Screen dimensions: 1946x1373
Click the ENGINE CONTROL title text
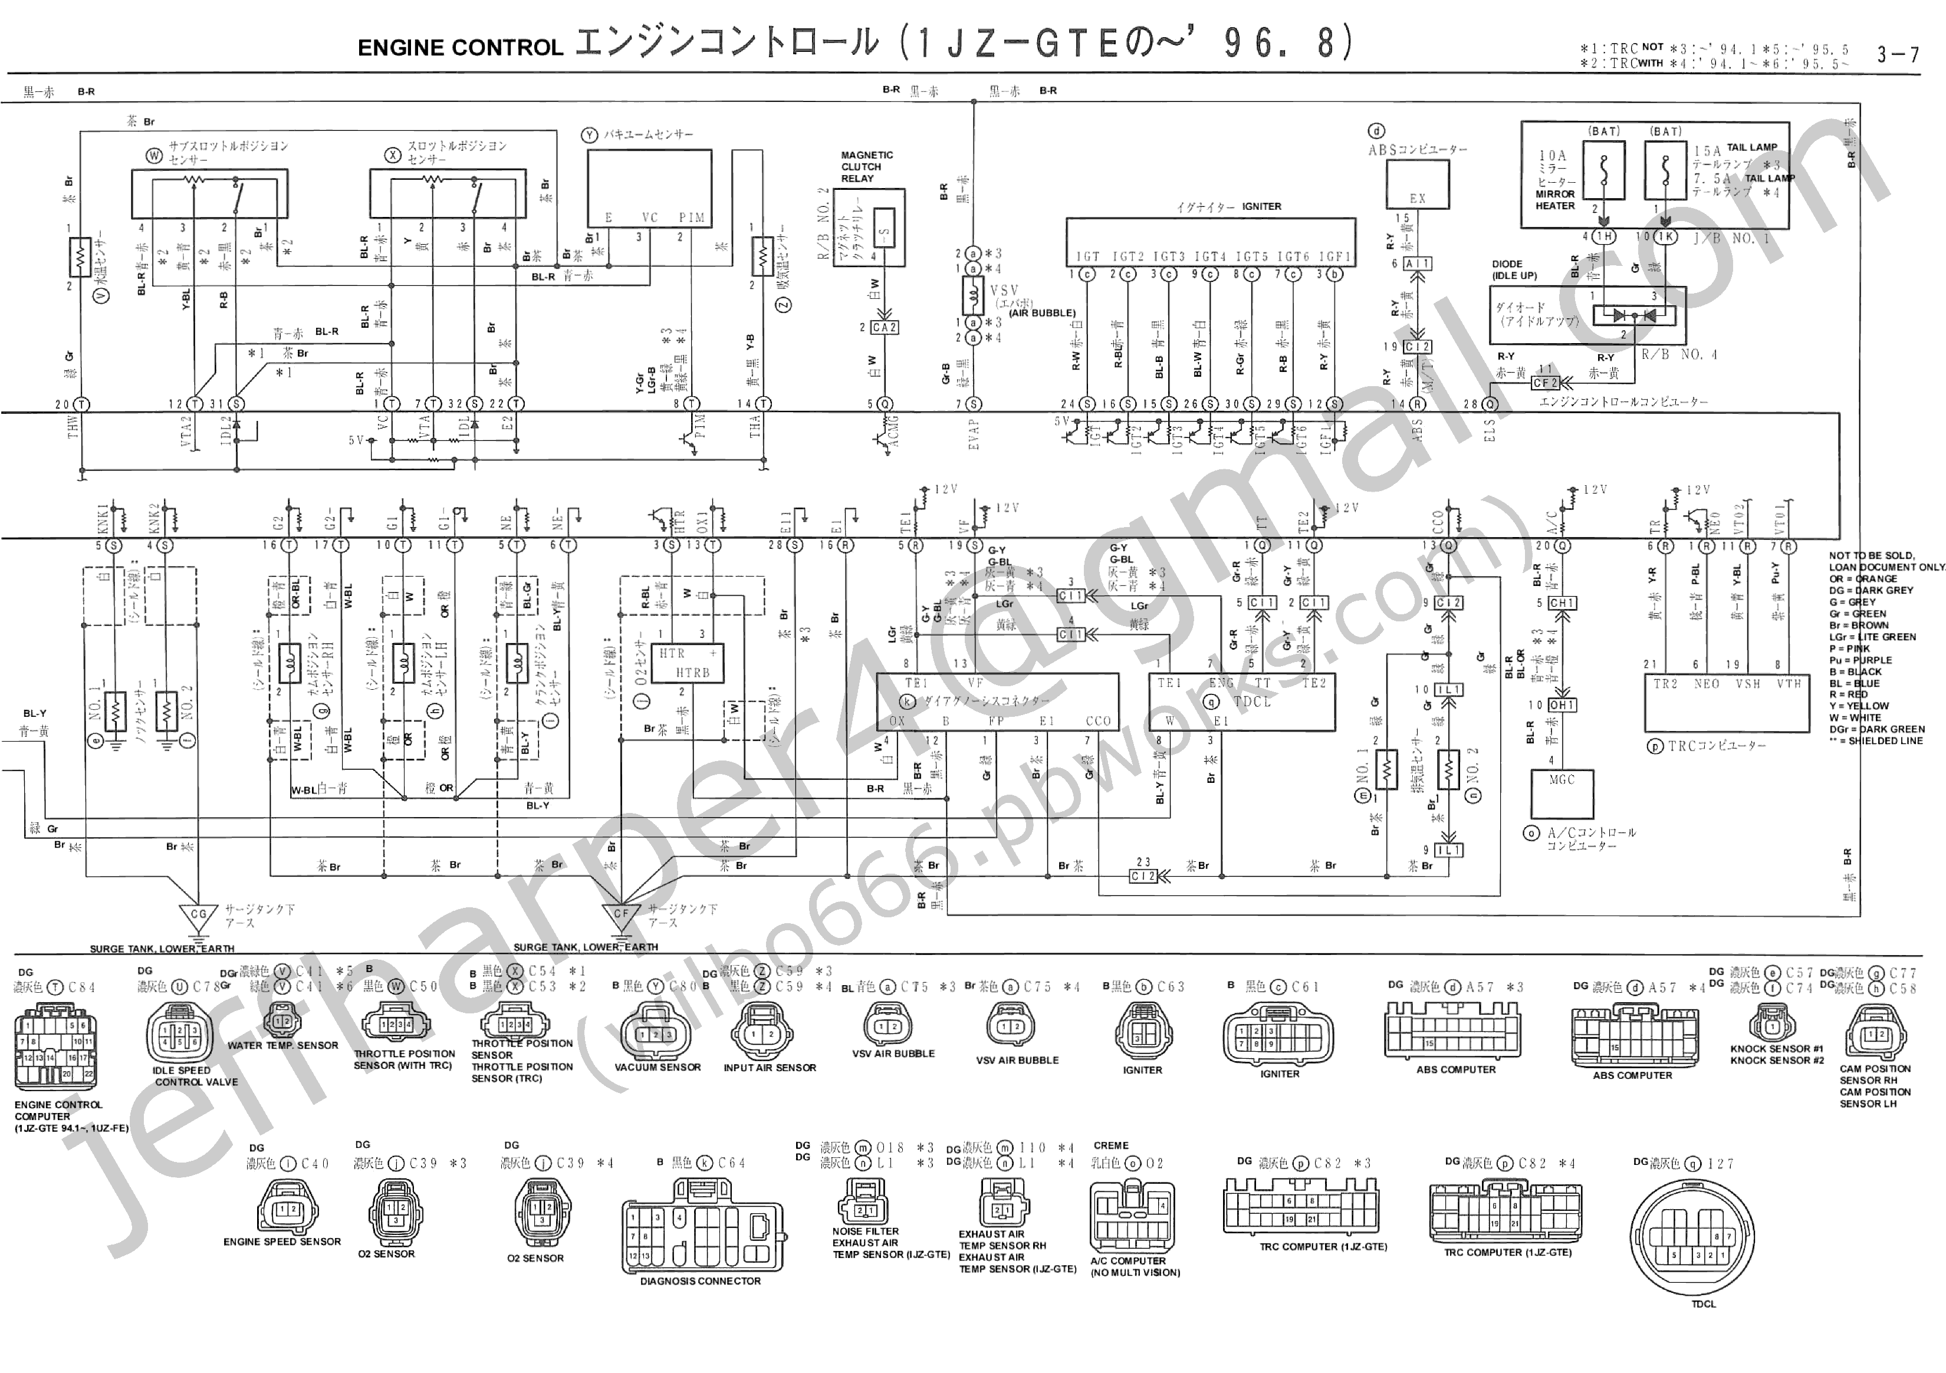point(460,48)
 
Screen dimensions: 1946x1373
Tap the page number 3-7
point(1898,55)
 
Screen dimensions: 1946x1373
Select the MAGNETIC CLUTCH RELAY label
point(866,167)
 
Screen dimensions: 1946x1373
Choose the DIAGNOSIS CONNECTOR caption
point(700,1280)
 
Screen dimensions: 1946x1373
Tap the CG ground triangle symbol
point(198,916)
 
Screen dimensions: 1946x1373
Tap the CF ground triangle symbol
point(622,916)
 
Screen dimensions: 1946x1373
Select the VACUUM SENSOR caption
point(657,1067)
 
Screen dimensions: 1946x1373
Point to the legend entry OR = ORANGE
point(1862,579)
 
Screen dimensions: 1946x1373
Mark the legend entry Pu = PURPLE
point(1859,660)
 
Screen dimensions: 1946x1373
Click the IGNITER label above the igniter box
point(1261,206)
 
